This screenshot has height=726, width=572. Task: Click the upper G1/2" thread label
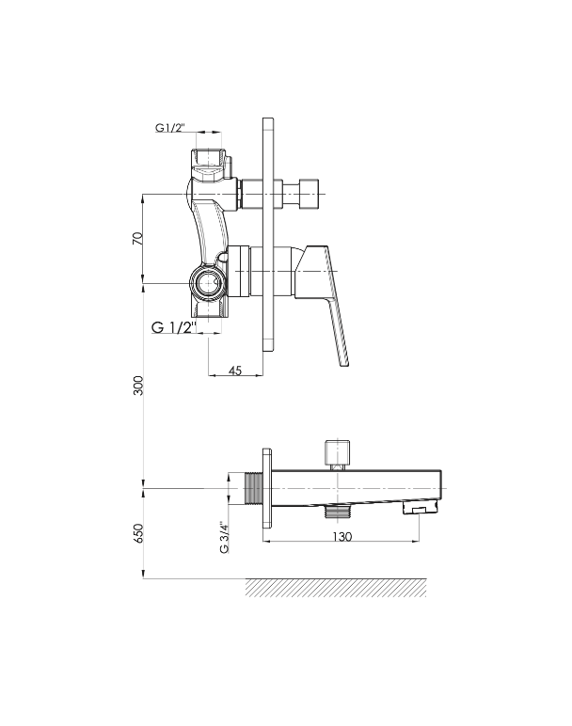click(x=170, y=128)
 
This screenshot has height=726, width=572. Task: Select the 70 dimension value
click(x=138, y=239)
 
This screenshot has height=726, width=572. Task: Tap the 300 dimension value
click(x=138, y=386)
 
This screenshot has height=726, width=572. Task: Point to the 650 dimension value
click(x=138, y=533)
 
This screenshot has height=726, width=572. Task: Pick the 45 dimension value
click(x=235, y=371)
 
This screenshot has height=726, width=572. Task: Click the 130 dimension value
click(x=342, y=537)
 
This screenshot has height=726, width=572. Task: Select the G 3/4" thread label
click(x=224, y=537)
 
